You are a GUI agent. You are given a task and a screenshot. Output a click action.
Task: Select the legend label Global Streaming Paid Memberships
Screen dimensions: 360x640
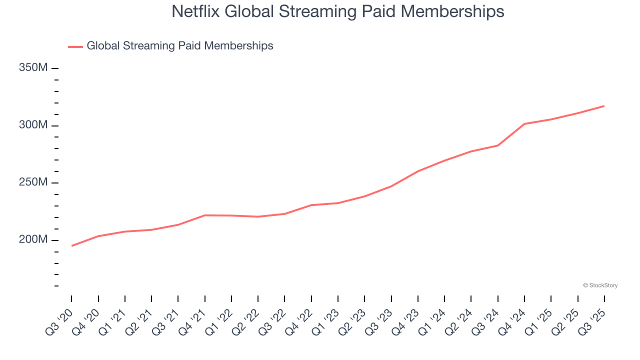(x=180, y=46)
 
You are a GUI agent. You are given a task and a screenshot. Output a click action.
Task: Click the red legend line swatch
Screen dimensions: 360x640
(x=75, y=46)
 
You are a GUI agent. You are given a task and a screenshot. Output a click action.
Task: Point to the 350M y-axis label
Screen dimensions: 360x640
(x=33, y=67)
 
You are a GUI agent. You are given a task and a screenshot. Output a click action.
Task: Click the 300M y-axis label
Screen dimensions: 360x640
(x=33, y=125)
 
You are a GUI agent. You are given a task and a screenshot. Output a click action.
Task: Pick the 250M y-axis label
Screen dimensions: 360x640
(x=33, y=182)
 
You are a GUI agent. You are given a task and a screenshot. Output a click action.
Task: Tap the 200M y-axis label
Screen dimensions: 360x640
(x=33, y=240)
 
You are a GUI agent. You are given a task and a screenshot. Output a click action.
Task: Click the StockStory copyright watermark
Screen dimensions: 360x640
(x=600, y=285)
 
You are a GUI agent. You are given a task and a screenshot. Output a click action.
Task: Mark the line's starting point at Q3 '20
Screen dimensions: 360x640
(x=71, y=245)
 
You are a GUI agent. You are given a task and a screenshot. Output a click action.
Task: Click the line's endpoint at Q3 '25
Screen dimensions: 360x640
(x=604, y=106)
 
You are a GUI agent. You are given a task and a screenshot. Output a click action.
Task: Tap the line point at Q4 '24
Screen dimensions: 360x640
(x=524, y=123)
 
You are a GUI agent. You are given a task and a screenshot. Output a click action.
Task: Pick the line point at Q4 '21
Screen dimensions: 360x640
(x=205, y=215)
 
